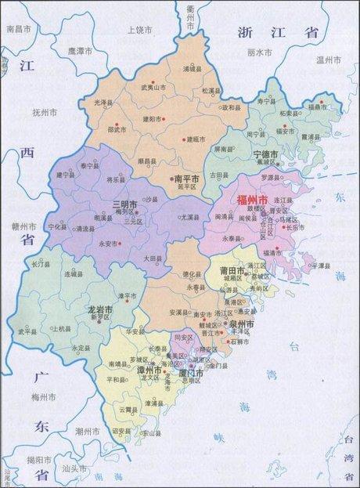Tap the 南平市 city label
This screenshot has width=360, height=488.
click(186, 179)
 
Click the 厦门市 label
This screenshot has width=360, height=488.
click(193, 374)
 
